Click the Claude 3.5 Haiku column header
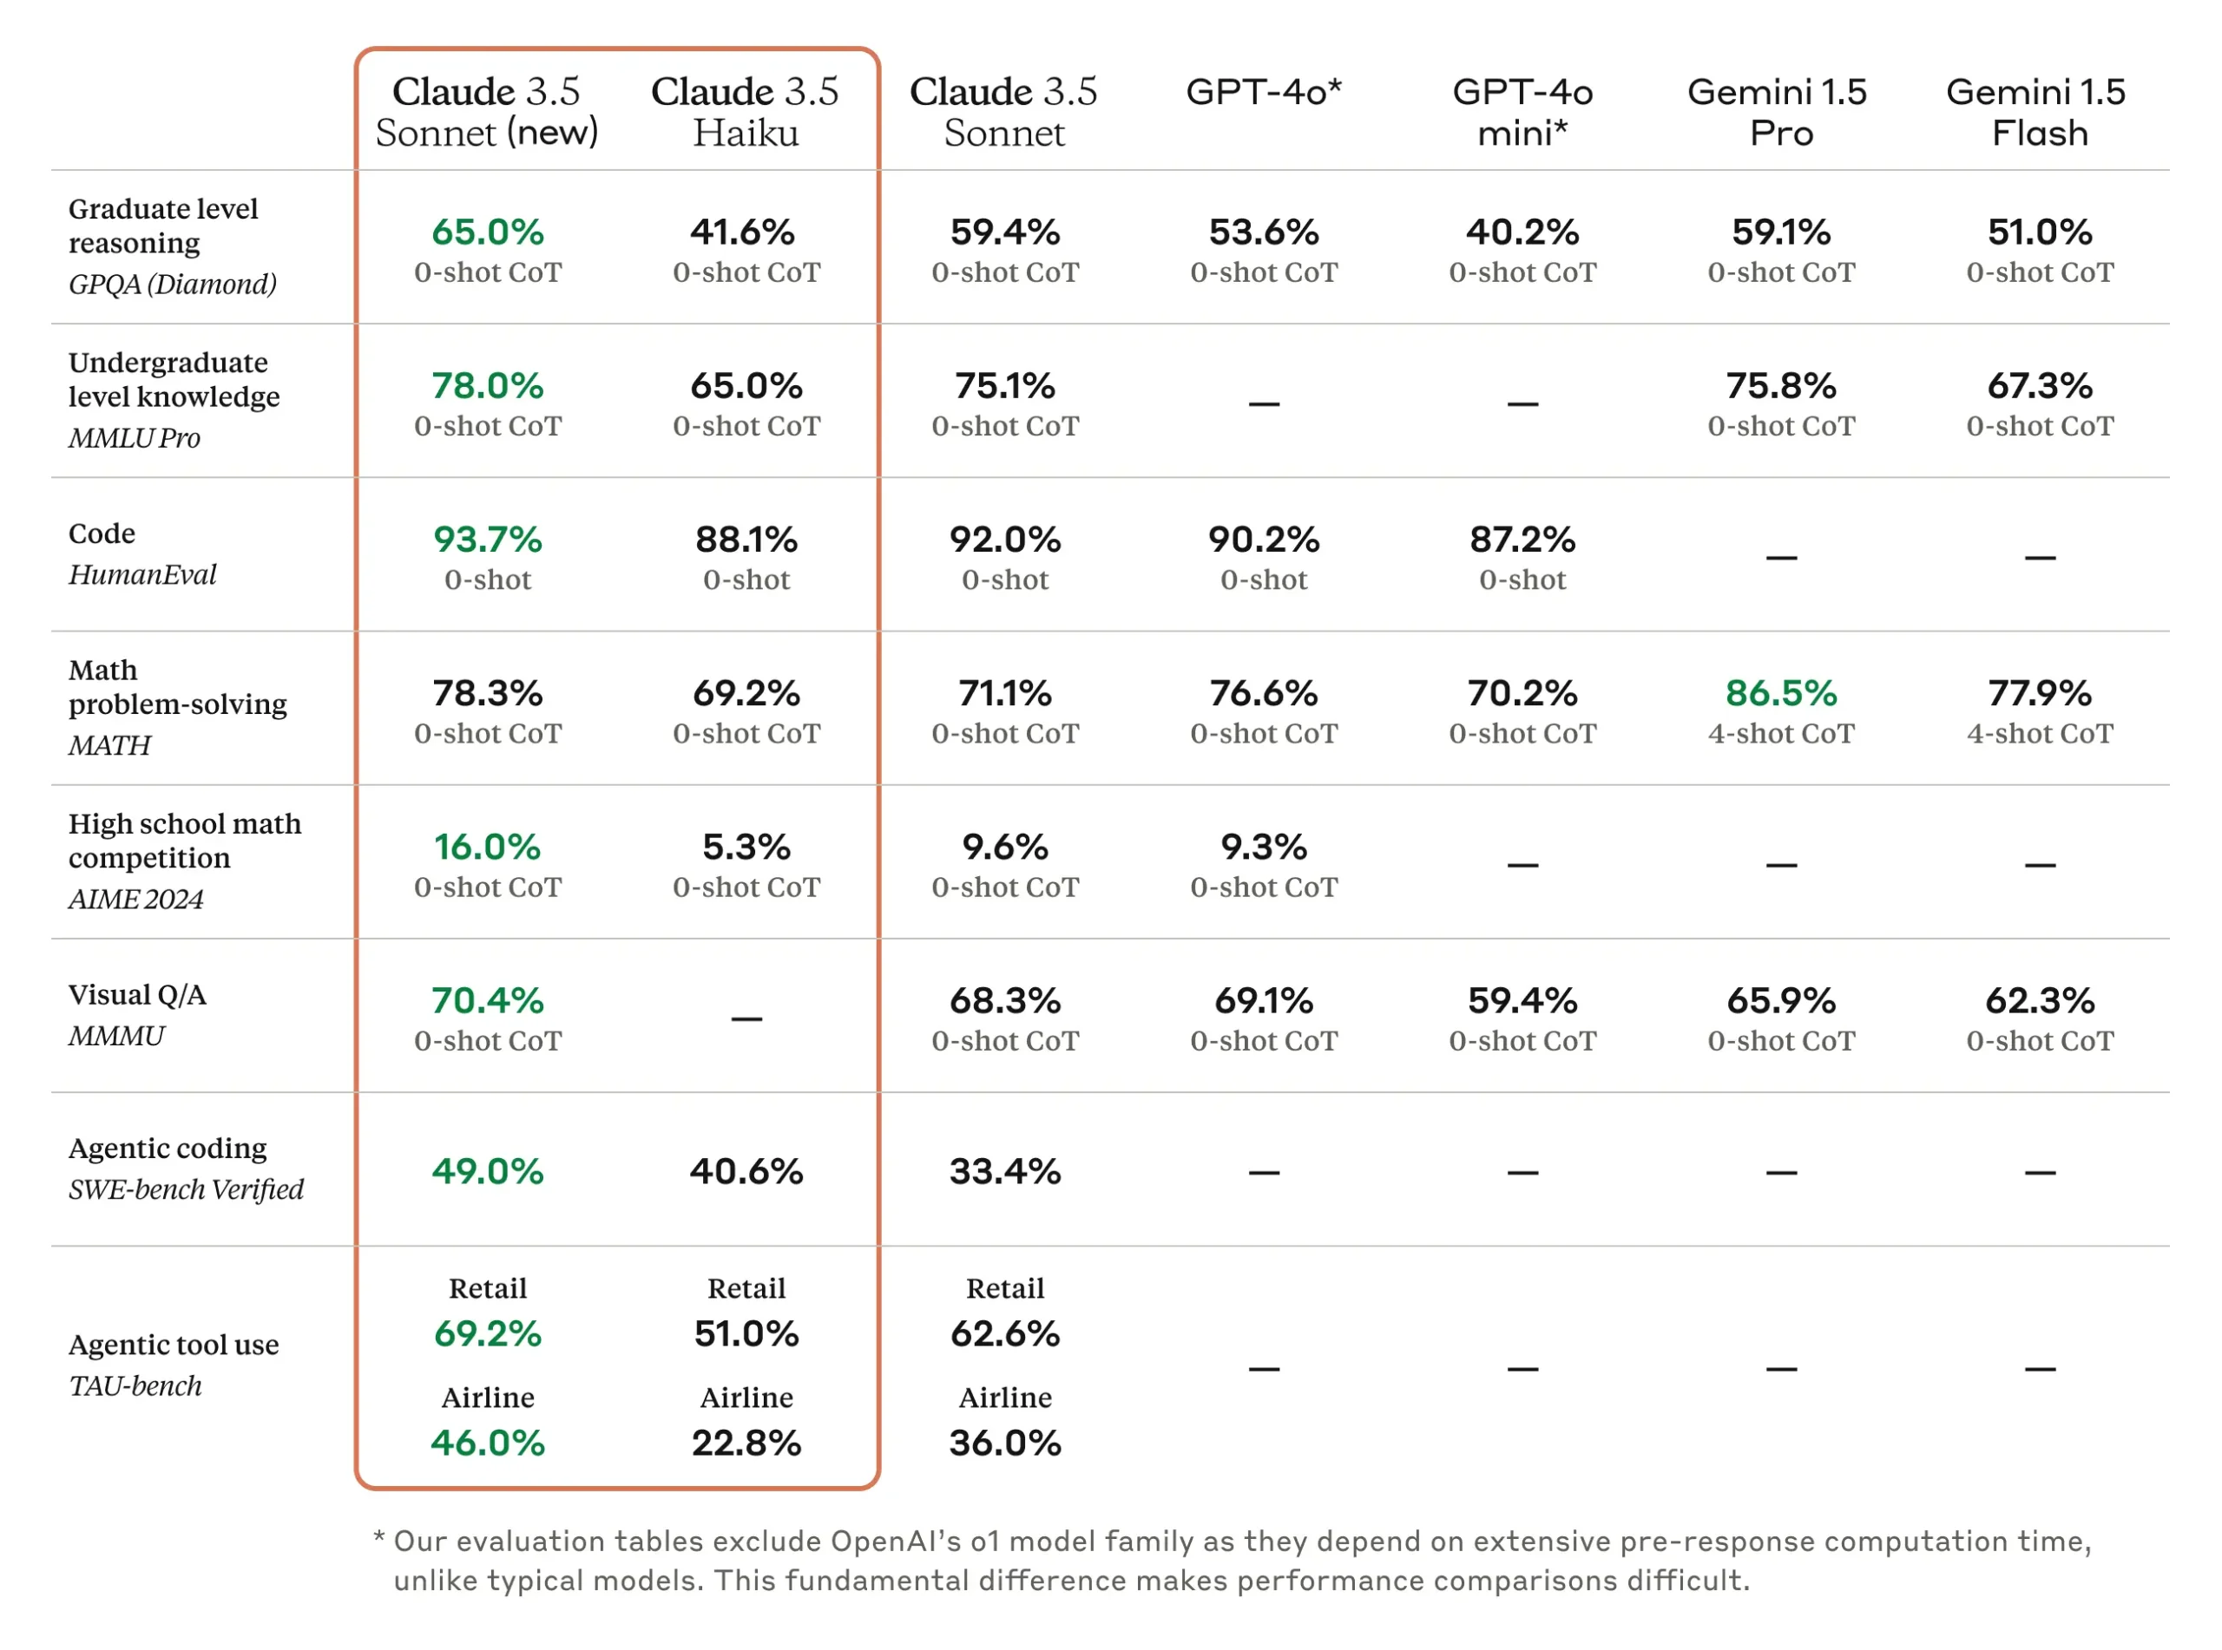coord(746,111)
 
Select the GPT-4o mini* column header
coord(1522,111)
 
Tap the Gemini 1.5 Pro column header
coord(1779,111)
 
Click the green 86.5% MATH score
coord(1780,692)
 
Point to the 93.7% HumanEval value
coord(488,540)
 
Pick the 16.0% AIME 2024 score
coord(488,846)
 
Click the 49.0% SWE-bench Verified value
coord(488,1170)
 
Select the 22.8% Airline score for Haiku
coord(746,1443)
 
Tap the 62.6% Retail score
coord(1005,1333)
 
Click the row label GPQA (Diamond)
coord(172,285)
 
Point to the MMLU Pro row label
coord(134,437)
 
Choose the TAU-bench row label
coord(135,1385)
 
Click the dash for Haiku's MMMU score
coord(746,1018)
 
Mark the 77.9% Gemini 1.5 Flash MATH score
coord(2039,692)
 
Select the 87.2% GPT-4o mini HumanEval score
coord(1522,540)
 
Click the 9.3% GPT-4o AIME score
coord(1263,846)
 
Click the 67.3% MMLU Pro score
coord(2039,385)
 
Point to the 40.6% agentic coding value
coord(746,1170)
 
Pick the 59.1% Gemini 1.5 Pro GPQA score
coord(1780,232)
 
